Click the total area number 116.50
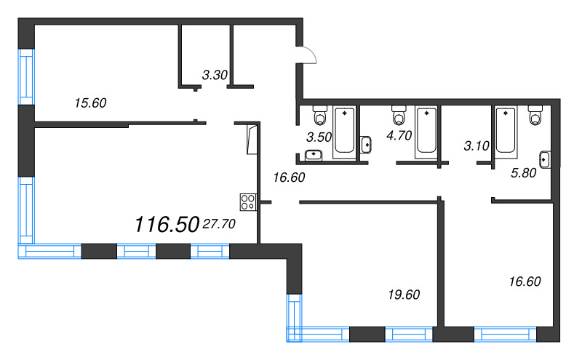[x=167, y=225]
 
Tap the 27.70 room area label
[x=220, y=224]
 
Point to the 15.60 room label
[x=90, y=103]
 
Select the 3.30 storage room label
[x=215, y=75]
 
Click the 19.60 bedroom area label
[x=404, y=295]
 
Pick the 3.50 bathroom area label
[x=319, y=137]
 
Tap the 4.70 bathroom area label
[x=399, y=135]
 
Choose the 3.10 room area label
[x=477, y=146]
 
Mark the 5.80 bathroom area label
[x=523, y=173]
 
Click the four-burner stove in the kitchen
[x=248, y=202]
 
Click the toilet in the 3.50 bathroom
[x=320, y=115]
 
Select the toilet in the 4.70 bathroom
[x=399, y=115]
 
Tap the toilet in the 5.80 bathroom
[x=535, y=115]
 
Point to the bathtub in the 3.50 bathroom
[x=344, y=132]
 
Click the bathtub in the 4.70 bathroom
[x=426, y=132]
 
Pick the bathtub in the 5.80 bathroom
[x=506, y=132]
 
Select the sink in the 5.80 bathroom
[x=544, y=159]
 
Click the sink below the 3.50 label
[x=314, y=155]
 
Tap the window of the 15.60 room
[x=26, y=77]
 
